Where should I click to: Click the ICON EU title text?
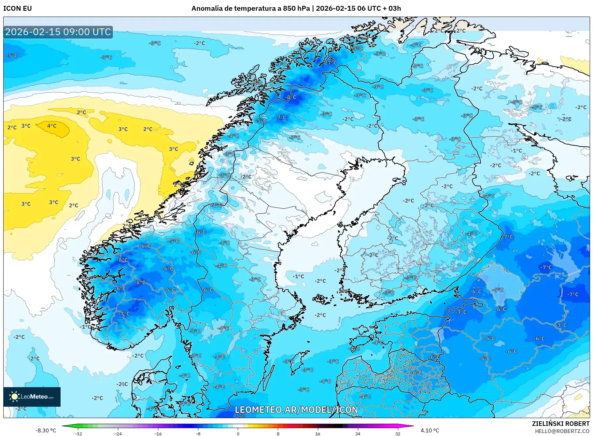(x=18, y=8)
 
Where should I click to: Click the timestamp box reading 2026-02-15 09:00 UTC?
(x=58, y=32)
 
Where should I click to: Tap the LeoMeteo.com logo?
(x=32, y=397)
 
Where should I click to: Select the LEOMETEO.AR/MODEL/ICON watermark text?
(x=296, y=410)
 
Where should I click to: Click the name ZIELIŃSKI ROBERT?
(x=560, y=424)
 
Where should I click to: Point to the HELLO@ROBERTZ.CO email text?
(x=562, y=431)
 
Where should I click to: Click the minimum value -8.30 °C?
(x=46, y=430)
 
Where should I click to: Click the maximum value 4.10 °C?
(x=430, y=430)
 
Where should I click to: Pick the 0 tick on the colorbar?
(x=238, y=434)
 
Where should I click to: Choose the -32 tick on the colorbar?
(x=78, y=434)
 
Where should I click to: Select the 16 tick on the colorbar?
(x=318, y=434)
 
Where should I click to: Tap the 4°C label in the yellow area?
(x=51, y=126)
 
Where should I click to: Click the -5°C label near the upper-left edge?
(x=12, y=55)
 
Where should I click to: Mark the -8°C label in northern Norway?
(x=291, y=97)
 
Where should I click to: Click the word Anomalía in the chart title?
(x=206, y=8)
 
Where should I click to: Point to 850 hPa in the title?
(x=296, y=8)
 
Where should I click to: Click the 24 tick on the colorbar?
(x=358, y=434)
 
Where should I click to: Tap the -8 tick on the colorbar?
(x=198, y=434)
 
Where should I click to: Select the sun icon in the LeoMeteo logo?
(x=14, y=396)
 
